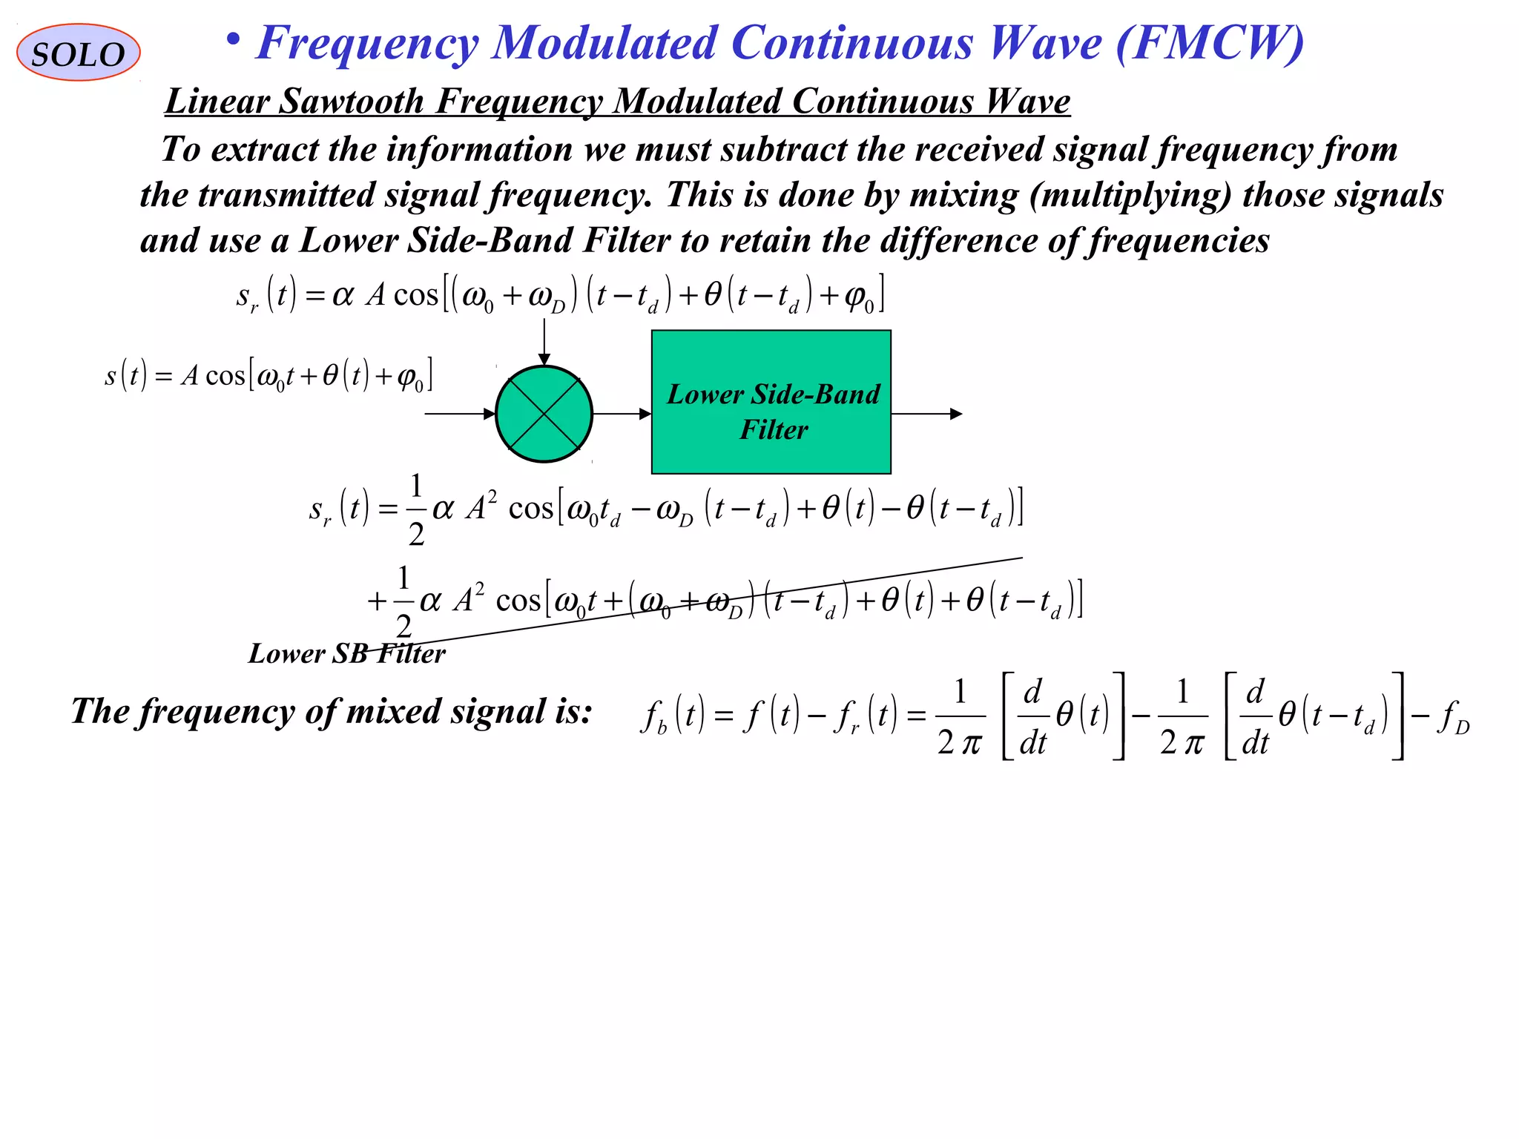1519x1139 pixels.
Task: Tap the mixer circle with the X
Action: (544, 414)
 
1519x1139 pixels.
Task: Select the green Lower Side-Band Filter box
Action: (771, 402)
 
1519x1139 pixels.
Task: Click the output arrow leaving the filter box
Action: (926, 414)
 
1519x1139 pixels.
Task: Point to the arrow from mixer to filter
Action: (622, 414)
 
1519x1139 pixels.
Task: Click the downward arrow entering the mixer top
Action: (544, 341)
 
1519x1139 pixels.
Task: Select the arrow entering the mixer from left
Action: (459, 414)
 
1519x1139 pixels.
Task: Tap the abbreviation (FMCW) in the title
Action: (1209, 43)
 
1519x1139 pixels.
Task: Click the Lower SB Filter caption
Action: (346, 654)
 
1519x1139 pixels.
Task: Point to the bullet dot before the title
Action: (234, 41)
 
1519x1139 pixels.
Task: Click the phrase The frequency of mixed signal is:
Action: (332, 712)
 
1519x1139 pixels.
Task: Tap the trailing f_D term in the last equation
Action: (1452, 718)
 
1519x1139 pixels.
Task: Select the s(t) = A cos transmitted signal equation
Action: (268, 376)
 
